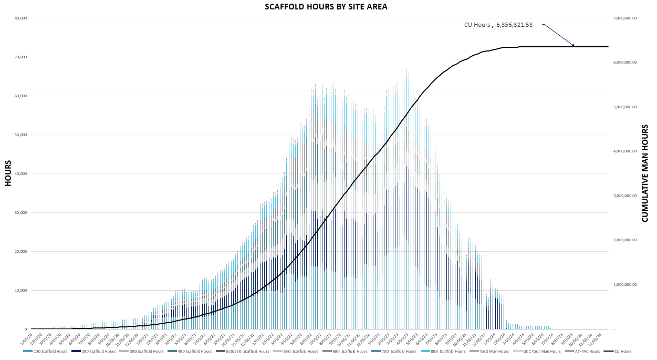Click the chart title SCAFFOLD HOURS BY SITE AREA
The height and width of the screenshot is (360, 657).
(326, 7)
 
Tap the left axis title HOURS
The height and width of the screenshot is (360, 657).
(8, 173)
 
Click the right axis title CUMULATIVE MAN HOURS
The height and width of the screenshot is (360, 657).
(645, 173)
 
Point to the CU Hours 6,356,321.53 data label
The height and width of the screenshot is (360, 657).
(498, 25)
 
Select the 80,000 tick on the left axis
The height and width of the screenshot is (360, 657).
(21, 18)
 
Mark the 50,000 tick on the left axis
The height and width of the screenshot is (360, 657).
(21, 135)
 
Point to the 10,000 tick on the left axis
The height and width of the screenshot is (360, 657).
(21, 291)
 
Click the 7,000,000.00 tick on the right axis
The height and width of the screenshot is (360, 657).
(624, 18)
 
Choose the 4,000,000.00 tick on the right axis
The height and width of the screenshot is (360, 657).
(624, 151)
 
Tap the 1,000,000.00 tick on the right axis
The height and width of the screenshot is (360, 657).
(624, 285)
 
